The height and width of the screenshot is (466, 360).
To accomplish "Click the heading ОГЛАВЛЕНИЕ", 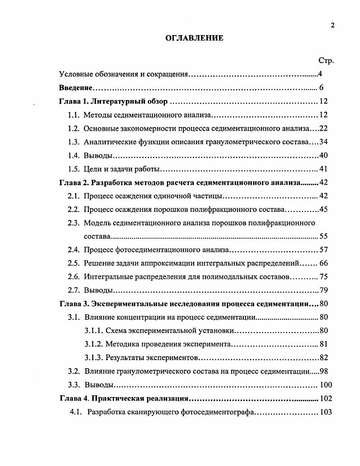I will click(194, 38).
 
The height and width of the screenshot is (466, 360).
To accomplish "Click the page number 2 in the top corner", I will click(333, 25).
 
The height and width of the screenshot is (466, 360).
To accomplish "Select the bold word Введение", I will click(76, 88).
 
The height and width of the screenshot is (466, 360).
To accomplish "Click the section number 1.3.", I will click(74, 142).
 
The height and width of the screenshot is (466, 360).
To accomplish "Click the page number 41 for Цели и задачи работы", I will click(324, 169).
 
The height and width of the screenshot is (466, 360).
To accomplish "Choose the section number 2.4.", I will click(74, 250).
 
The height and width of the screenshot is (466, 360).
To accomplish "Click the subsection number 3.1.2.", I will click(93, 344).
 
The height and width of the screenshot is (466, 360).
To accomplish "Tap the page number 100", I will click(325, 385).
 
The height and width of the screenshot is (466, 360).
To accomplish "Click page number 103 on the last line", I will click(325, 412).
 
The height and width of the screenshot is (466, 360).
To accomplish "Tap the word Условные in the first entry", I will click(75, 74).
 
